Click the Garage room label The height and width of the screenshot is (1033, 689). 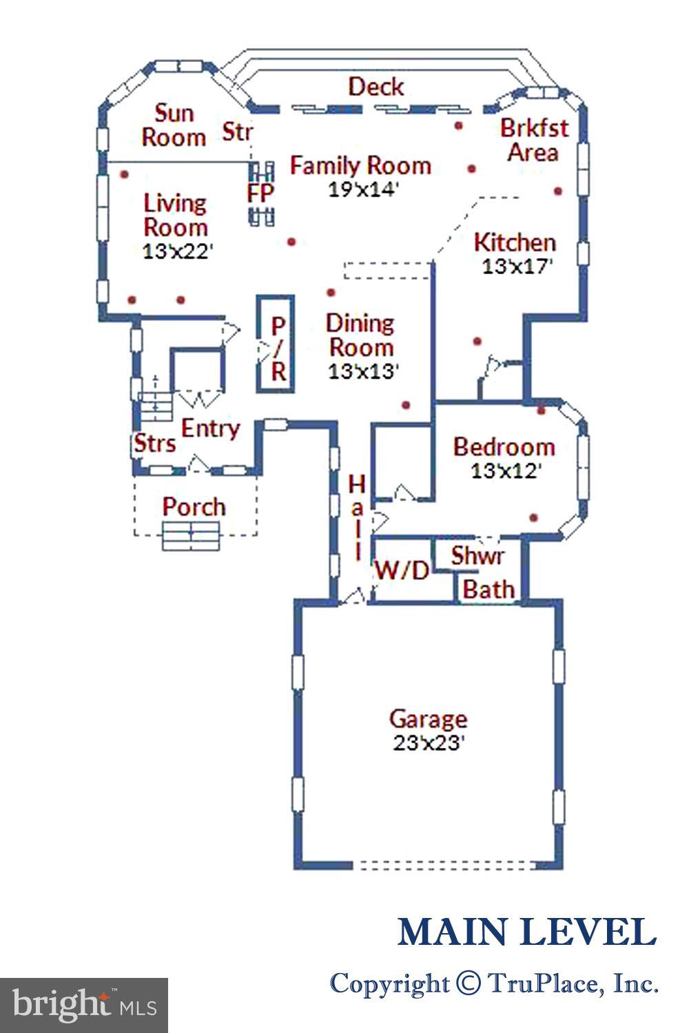[428, 719]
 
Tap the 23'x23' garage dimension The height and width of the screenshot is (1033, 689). [429, 743]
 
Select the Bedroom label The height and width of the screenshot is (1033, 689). [504, 447]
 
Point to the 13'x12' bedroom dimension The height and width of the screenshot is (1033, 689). [505, 471]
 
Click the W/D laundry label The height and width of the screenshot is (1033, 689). [402, 570]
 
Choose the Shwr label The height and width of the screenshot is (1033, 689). [477, 555]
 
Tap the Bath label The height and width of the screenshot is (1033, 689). [489, 589]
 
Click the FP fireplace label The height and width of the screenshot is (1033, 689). [260, 194]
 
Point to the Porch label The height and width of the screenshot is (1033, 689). [194, 507]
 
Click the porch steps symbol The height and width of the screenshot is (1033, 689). [191, 536]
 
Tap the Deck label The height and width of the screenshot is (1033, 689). [376, 87]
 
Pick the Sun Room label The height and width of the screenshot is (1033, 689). [173, 125]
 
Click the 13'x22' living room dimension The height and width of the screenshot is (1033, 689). [176, 251]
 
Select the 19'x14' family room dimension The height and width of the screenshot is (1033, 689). [363, 189]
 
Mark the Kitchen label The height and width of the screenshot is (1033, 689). [515, 242]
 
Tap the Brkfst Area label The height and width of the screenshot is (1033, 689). [534, 139]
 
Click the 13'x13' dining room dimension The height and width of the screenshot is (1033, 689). [363, 371]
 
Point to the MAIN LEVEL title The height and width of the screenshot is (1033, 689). [526, 932]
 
